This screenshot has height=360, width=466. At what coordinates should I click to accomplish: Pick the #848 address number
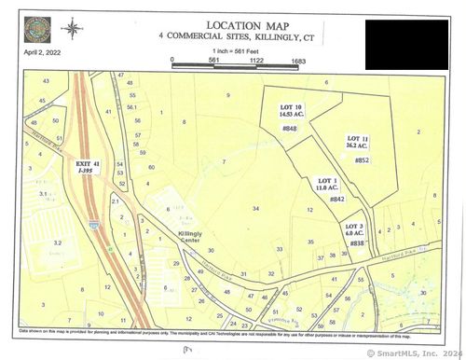[x=288, y=129]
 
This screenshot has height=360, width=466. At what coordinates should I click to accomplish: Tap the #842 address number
[x=336, y=199]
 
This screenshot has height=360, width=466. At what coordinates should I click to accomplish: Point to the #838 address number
[x=357, y=243]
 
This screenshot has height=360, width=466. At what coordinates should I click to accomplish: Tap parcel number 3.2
[x=57, y=242]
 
